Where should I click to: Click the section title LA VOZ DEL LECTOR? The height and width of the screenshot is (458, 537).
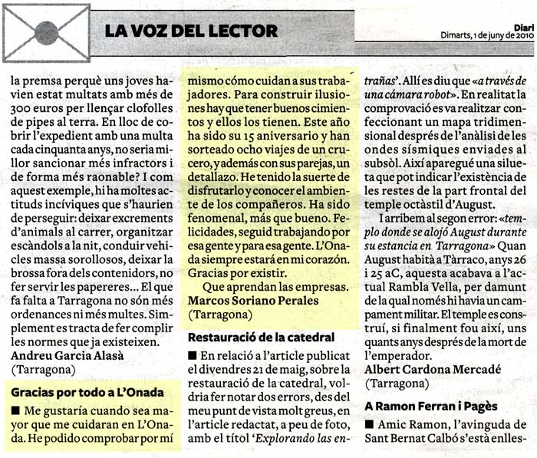pos(191,31)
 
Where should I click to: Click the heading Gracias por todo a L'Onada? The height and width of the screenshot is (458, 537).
pos(87,392)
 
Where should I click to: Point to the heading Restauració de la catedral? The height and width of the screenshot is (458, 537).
pos(261,336)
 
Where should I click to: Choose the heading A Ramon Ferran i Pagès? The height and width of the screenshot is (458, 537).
pos(431,406)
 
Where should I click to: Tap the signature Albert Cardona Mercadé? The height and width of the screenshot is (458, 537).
pos(433,369)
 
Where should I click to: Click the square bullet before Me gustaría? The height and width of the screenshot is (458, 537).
pos(16,410)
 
